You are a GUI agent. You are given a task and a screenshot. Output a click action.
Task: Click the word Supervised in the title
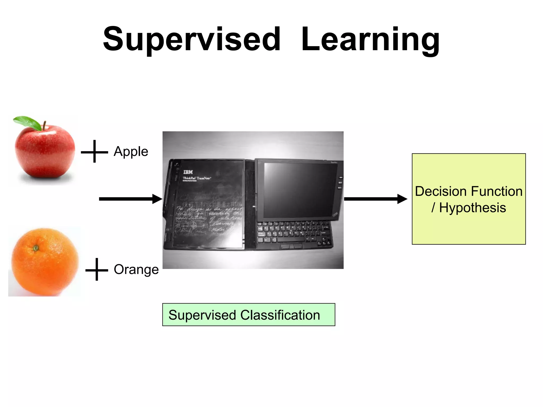click(x=191, y=39)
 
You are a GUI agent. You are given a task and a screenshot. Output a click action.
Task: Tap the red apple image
click(x=45, y=153)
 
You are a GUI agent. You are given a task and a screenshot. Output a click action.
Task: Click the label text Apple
click(x=131, y=152)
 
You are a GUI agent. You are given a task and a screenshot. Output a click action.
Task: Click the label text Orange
click(x=136, y=270)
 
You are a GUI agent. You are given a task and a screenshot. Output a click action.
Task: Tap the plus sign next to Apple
click(x=94, y=152)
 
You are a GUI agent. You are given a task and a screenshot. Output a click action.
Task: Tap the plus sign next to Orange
click(x=97, y=270)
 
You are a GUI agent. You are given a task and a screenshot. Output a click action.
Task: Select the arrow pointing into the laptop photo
click(x=130, y=199)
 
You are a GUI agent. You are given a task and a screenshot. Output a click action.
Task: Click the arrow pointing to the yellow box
click(x=375, y=199)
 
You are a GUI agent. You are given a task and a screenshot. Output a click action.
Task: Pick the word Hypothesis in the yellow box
click(x=472, y=207)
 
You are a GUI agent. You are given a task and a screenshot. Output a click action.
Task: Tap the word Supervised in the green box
click(x=202, y=315)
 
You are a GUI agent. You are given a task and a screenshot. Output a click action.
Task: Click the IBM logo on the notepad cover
click(x=188, y=172)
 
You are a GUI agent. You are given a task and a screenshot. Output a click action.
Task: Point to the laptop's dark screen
click(x=300, y=190)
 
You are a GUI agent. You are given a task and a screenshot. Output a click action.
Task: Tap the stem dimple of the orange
click(x=36, y=248)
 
